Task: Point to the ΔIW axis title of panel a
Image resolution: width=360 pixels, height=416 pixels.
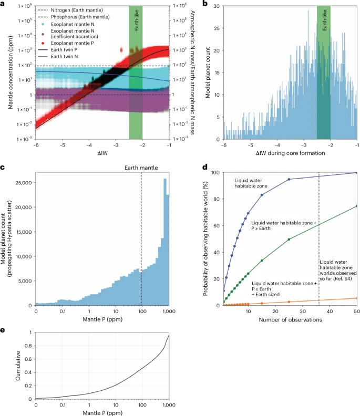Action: tap(101, 153)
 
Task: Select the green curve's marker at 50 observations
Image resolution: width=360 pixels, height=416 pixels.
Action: tap(356, 206)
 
